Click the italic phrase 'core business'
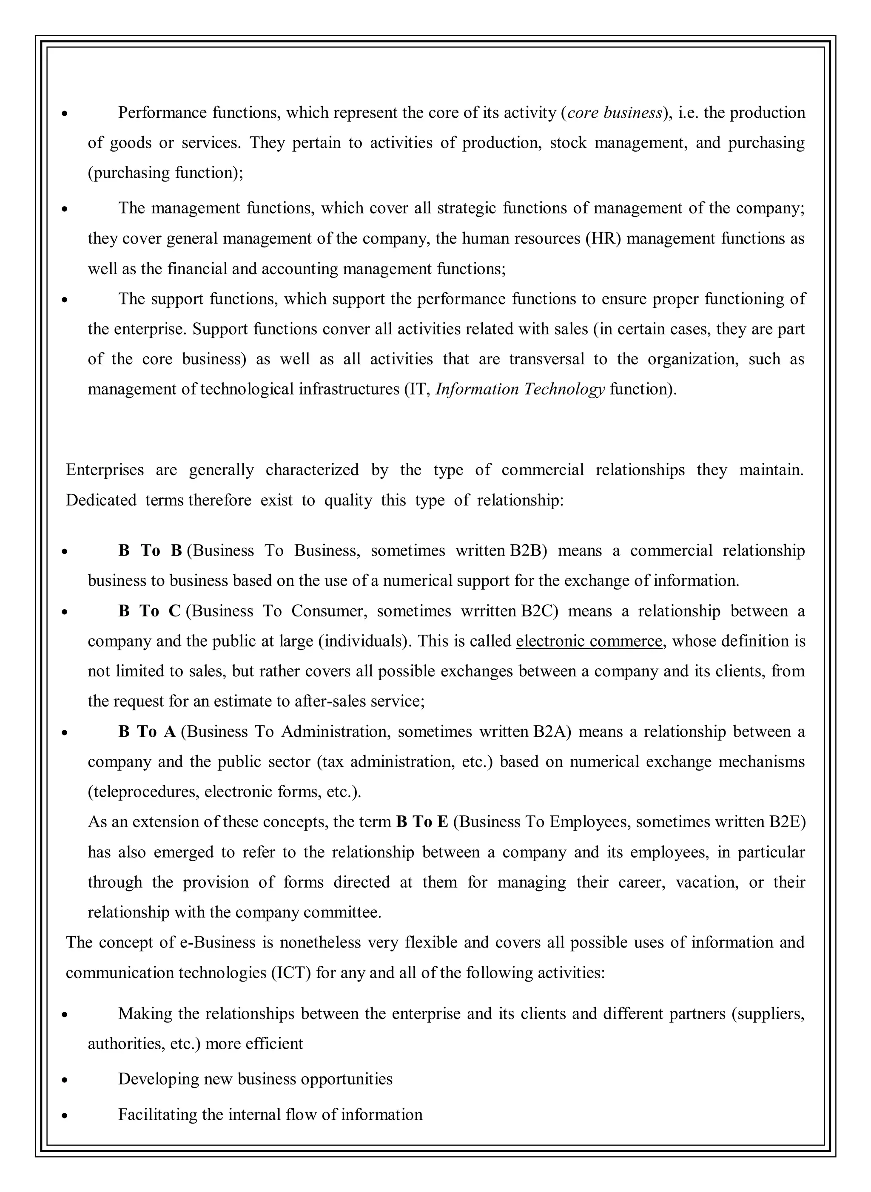pos(614,113)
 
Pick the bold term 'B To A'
pos(147,732)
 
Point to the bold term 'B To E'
pos(422,822)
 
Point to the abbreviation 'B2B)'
pos(528,551)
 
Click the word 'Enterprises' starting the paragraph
pos(104,469)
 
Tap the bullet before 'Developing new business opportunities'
pos(64,1080)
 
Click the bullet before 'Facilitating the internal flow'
pos(64,1115)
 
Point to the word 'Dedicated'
pos(101,500)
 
